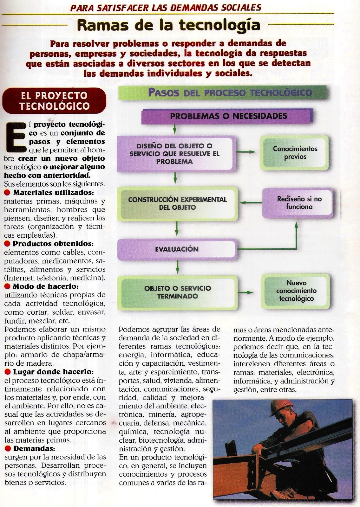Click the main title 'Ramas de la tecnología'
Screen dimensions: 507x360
(168, 25)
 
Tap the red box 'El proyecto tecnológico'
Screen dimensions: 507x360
(54, 100)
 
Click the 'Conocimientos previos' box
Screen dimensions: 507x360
(295, 153)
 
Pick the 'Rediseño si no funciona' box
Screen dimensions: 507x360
(299, 203)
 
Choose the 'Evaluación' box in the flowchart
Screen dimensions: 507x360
(177, 249)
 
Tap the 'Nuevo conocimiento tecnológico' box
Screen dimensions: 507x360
(296, 291)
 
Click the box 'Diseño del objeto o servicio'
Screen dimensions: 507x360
(177, 154)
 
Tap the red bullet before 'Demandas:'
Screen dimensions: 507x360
(8, 448)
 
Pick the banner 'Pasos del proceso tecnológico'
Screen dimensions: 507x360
(230, 93)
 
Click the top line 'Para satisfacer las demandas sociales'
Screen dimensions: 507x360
(166, 7)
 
